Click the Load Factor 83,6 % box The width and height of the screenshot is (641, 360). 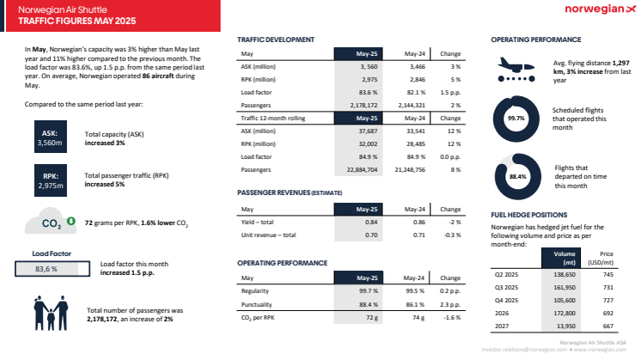[x=46, y=269]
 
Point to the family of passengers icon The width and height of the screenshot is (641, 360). [x=52, y=314]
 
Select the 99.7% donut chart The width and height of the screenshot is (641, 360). [x=516, y=119]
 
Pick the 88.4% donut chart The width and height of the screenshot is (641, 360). [x=516, y=176]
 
